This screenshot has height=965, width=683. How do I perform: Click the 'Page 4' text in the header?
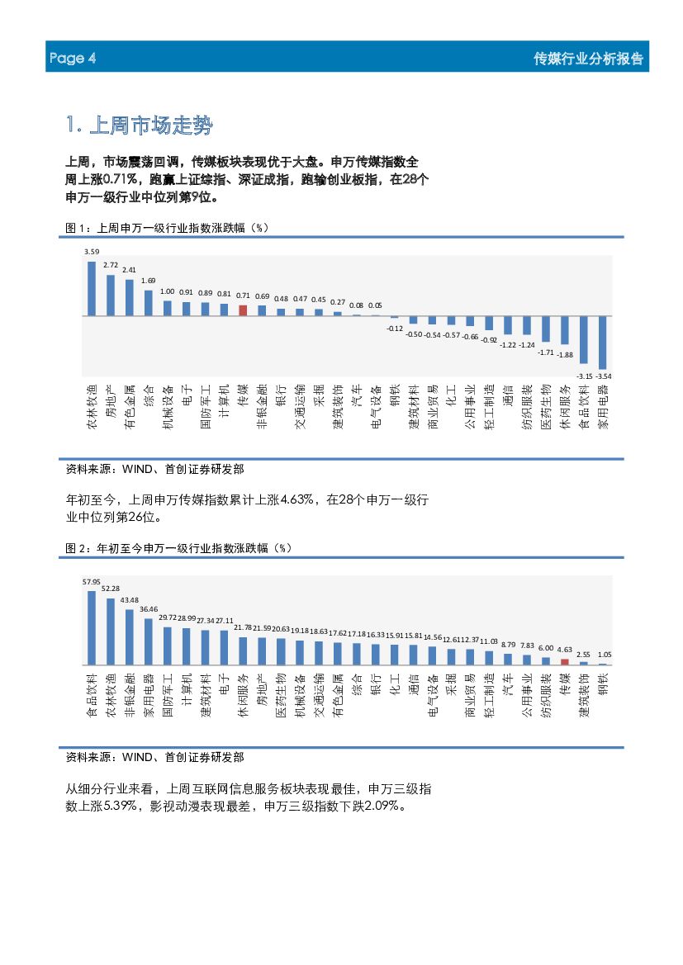(x=73, y=59)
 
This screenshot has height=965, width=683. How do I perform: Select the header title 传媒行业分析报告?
(x=588, y=59)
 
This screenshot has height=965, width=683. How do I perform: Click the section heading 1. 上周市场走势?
(x=139, y=126)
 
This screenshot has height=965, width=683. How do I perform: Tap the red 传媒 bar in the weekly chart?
(x=243, y=310)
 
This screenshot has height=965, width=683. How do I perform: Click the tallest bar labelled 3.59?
(x=92, y=288)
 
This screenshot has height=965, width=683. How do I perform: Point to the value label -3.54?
(x=603, y=376)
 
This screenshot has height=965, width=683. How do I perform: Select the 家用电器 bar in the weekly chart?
(x=602, y=342)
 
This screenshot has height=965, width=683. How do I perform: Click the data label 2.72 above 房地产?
(x=111, y=265)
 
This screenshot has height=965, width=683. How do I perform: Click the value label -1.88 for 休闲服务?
(x=565, y=354)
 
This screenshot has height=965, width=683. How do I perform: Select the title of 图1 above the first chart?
(x=168, y=227)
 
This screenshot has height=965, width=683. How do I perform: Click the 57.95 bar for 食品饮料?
(x=92, y=627)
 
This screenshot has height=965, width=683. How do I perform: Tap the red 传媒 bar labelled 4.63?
(x=565, y=661)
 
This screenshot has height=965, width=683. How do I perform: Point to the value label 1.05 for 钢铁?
(x=604, y=655)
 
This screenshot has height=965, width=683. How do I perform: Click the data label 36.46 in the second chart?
(x=149, y=609)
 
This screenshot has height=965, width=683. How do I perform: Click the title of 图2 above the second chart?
(x=178, y=547)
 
